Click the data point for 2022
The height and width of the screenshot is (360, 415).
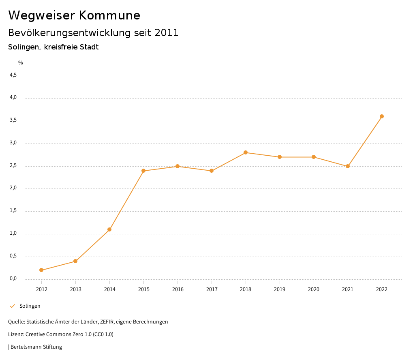coord(382,116)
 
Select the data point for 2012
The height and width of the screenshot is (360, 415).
coord(41,270)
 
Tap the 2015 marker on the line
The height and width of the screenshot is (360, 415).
coord(143,171)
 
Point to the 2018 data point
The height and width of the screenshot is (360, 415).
coord(246,152)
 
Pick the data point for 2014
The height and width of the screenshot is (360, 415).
coord(109,229)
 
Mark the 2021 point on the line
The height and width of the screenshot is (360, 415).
coord(348,166)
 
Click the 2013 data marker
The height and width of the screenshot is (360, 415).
coord(75,261)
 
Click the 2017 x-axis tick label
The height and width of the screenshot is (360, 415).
coord(212,289)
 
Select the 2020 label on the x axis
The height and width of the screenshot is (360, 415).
coord(314,289)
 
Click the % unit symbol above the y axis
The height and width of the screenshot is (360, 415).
coord(21,63)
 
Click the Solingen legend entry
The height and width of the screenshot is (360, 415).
coord(30,306)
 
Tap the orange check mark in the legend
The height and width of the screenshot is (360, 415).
coord(12,306)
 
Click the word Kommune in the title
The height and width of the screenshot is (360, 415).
coord(109,15)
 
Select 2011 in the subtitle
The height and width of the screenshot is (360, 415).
coord(167,33)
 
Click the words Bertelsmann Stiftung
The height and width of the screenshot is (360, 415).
coord(36,347)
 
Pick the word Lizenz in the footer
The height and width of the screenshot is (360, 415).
coord(16,334)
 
